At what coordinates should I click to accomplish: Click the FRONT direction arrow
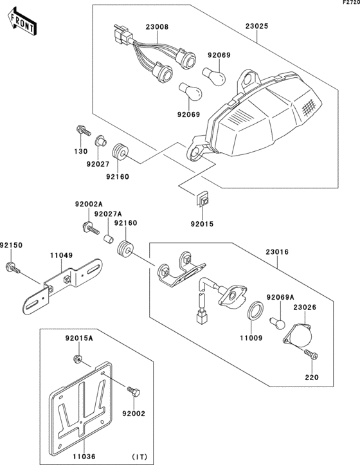22,23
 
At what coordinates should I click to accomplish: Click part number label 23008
157,27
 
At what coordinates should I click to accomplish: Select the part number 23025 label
256,26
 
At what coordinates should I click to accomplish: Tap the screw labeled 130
83,131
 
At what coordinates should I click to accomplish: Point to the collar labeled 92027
101,141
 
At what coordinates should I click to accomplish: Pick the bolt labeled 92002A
91,229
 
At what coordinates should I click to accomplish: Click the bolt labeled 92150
13,267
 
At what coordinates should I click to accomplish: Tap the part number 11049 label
61,255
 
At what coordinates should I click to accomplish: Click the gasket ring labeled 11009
255,311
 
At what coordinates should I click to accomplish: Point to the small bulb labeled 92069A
277,323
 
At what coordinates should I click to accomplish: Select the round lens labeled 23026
298,335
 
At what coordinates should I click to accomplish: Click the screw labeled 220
310,354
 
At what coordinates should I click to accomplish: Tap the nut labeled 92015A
77,359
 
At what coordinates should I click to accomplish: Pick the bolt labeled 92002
134,392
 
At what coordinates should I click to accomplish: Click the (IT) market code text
139,457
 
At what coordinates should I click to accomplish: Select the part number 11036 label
84,457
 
